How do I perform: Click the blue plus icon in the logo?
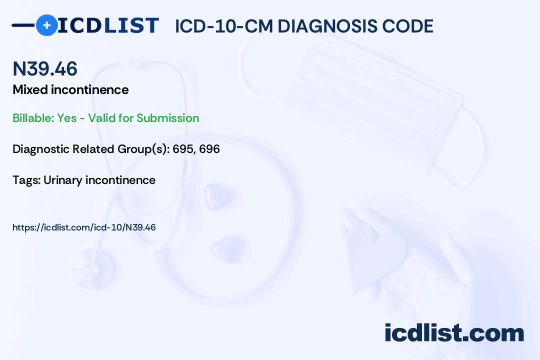46,25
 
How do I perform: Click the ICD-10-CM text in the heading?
223,26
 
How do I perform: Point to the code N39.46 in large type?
45,68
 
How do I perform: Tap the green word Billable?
32,118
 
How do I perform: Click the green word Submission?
167,118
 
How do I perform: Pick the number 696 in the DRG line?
209,149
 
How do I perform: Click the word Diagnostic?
41,149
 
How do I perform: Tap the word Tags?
25,180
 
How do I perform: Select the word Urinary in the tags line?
62,180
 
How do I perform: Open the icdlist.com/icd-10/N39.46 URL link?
84,227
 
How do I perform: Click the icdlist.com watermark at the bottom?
454,333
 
